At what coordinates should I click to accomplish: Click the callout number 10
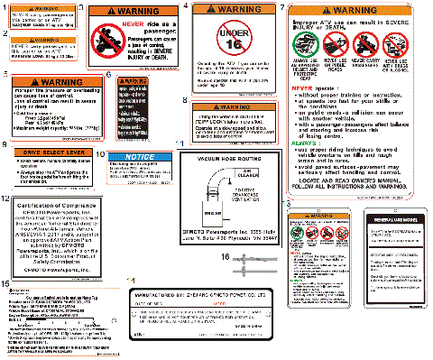coord(100,154)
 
